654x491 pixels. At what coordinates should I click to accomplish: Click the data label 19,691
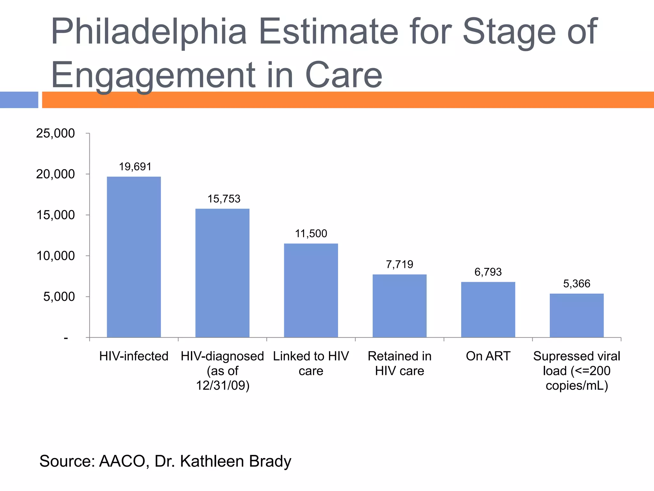pos(135,167)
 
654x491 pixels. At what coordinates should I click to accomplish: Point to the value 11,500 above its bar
pos(311,234)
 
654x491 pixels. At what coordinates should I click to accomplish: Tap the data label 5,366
pos(576,284)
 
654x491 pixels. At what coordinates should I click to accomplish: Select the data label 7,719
pos(399,265)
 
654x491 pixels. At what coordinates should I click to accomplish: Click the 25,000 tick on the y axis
pos(55,133)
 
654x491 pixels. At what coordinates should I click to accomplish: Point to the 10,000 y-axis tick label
pos(55,256)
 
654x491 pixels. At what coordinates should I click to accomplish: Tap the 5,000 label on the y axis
pos(59,297)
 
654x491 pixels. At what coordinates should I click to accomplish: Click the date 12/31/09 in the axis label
pos(222,386)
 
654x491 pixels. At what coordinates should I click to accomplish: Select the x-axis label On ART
pos(488,356)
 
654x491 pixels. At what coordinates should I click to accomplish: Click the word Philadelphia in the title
pos(149,32)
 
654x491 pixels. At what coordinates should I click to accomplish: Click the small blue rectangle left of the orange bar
pos(19,100)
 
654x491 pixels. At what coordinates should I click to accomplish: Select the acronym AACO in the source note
pos(122,461)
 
